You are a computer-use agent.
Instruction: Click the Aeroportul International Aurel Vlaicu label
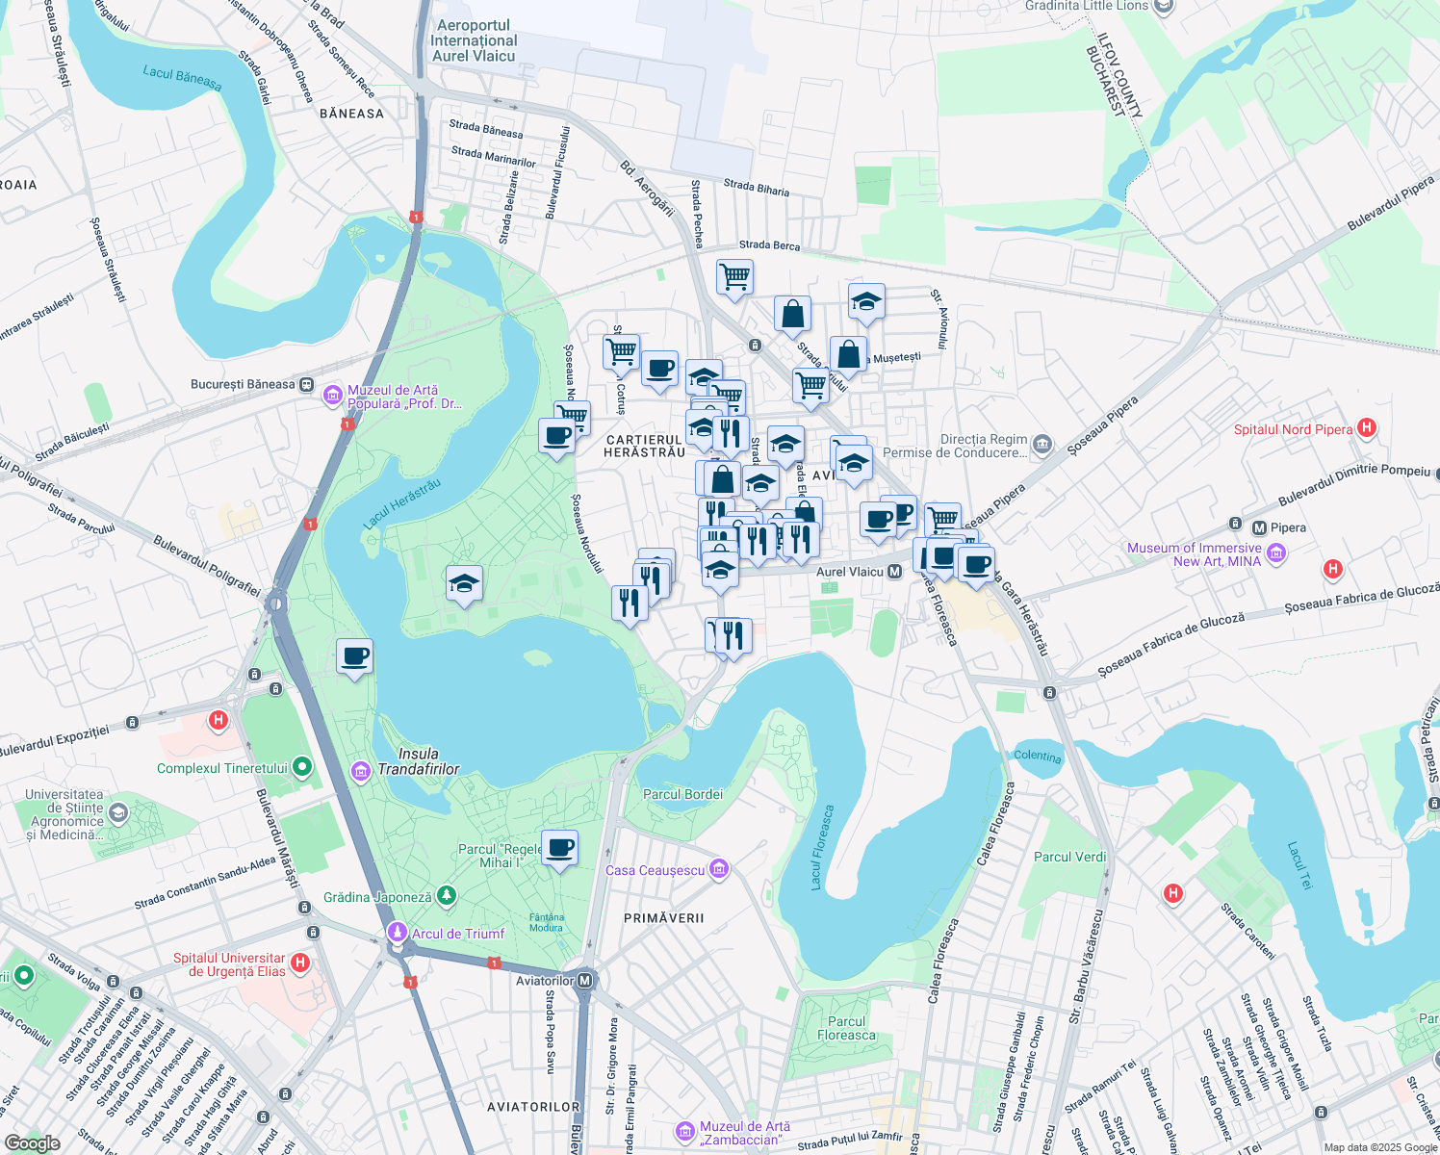pyautogui.click(x=474, y=41)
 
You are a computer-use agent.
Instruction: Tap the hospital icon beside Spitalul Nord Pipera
pyautogui.click(x=1366, y=428)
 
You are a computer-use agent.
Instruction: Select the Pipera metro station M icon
pyautogui.click(x=1259, y=527)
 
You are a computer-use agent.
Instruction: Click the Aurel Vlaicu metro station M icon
pyautogui.click(x=894, y=572)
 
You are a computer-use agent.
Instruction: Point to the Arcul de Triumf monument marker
pyautogui.click(x=397, y=933)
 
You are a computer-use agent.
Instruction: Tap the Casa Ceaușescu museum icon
pyautogui.click(x=718, y=870)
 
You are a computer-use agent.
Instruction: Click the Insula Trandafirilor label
pyautogui.click(x=419, y=761)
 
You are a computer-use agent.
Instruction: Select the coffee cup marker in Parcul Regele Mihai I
pyautogui.click(x=559, y=848)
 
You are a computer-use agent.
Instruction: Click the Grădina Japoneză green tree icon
pyautogui.click(x=446, y=897)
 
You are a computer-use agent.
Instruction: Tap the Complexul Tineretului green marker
pyautogui.click(x=302, y=767)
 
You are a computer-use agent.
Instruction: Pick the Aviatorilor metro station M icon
pyautogui.click(x=584, y=981)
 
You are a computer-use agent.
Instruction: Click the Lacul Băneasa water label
pyautogui.click(x=182, y=78)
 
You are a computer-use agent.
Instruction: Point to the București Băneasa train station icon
pyautogui.click(x=306, y=384)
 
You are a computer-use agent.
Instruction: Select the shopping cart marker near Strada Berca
pyautogui.click(x=734, y=277)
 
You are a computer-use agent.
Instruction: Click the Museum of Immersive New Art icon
pyautogui.click(x=1275, y=552)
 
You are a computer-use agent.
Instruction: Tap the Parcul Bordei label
pyautogui.click(x=682, y=794)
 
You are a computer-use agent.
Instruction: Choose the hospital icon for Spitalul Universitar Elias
pyautogui.click(x=300, y=962)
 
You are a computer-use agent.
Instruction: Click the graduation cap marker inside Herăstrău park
pyautogui.click(x=464, y=583)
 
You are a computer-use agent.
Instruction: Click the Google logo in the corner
pyautogui.click(x=32, y=1142)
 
